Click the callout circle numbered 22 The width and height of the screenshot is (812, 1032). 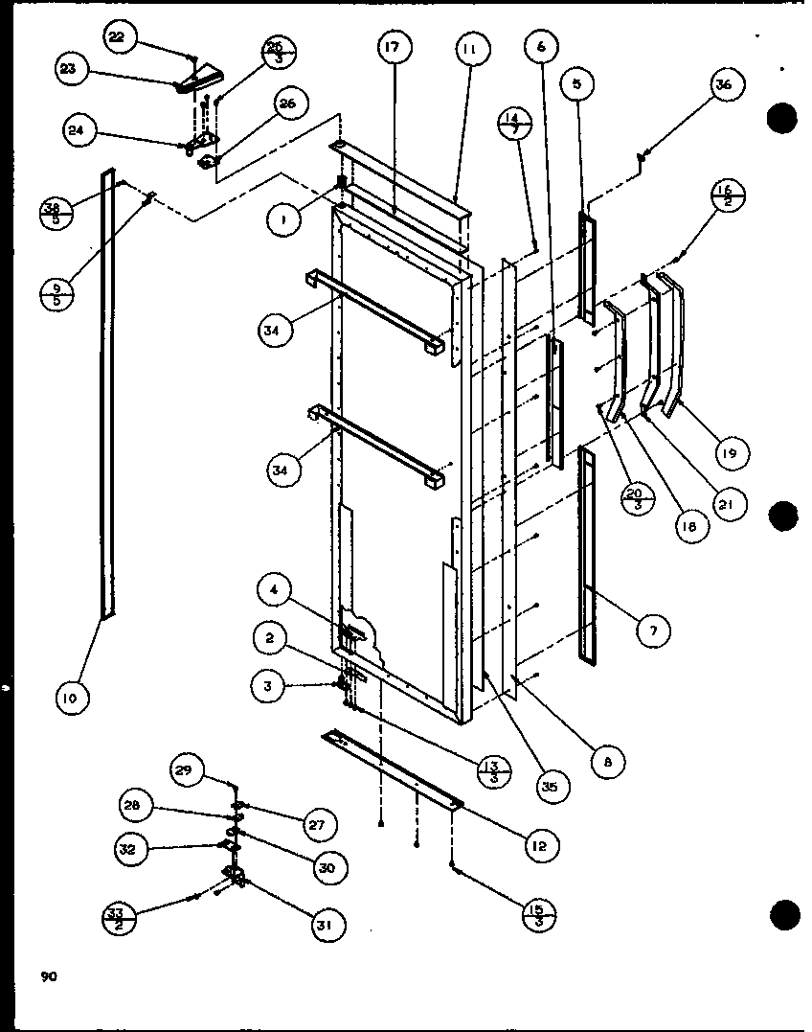[x=117, y=36]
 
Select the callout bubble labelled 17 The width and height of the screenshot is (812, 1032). [x=394, y=46]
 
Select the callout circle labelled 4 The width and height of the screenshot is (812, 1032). [x=274, y=590]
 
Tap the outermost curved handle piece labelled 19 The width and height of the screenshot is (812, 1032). [x=679, y=345]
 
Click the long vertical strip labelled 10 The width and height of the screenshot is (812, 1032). [x=107, y=393]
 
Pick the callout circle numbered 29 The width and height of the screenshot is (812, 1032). [x=188, y=768]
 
